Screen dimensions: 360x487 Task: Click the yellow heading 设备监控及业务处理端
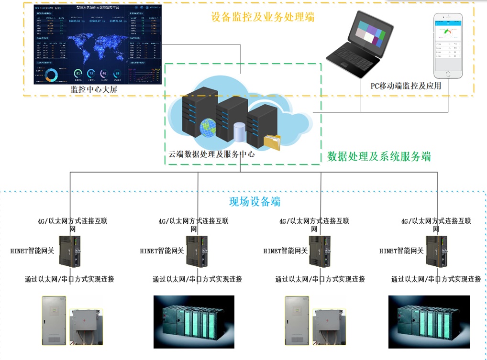(263, 16)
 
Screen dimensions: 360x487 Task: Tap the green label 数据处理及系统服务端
(379, 156)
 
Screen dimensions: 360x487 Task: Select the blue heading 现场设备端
(255, 201)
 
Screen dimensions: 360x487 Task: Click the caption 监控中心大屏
(94, 90)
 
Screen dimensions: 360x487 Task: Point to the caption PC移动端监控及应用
(406, 86)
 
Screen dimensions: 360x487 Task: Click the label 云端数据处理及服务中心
(211, 154)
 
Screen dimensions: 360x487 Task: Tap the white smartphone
(449, 46)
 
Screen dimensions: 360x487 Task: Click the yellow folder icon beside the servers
(272, 142)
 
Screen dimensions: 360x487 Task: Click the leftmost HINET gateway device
(69, 251)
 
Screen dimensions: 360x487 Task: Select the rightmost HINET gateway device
(436, 251)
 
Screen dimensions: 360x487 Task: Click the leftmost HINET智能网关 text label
(32, 251)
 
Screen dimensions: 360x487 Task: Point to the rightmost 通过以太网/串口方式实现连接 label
(436, 279)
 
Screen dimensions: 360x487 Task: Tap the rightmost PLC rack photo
(429, 321)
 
